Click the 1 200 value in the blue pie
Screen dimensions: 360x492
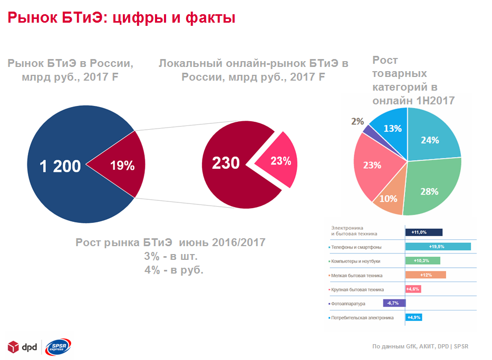click(61, 166)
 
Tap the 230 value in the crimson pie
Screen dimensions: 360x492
click(226, 163)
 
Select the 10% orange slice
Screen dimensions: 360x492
click(389, 199)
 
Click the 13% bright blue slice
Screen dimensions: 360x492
click(393, 128)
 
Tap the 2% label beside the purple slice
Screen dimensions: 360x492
click(357, 122)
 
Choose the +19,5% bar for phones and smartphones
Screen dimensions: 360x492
click(438, 247)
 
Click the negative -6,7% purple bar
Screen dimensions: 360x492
click(394, 303)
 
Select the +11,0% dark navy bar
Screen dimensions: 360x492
click(423, 232)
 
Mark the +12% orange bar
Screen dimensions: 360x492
click(426, 275)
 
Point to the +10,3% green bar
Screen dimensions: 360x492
click(422, 260)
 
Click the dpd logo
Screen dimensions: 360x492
click(21, 346)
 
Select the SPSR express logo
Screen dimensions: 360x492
click(59, 346)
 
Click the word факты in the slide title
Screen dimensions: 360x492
click(210, 18)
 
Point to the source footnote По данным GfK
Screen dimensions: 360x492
click(419, 347)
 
